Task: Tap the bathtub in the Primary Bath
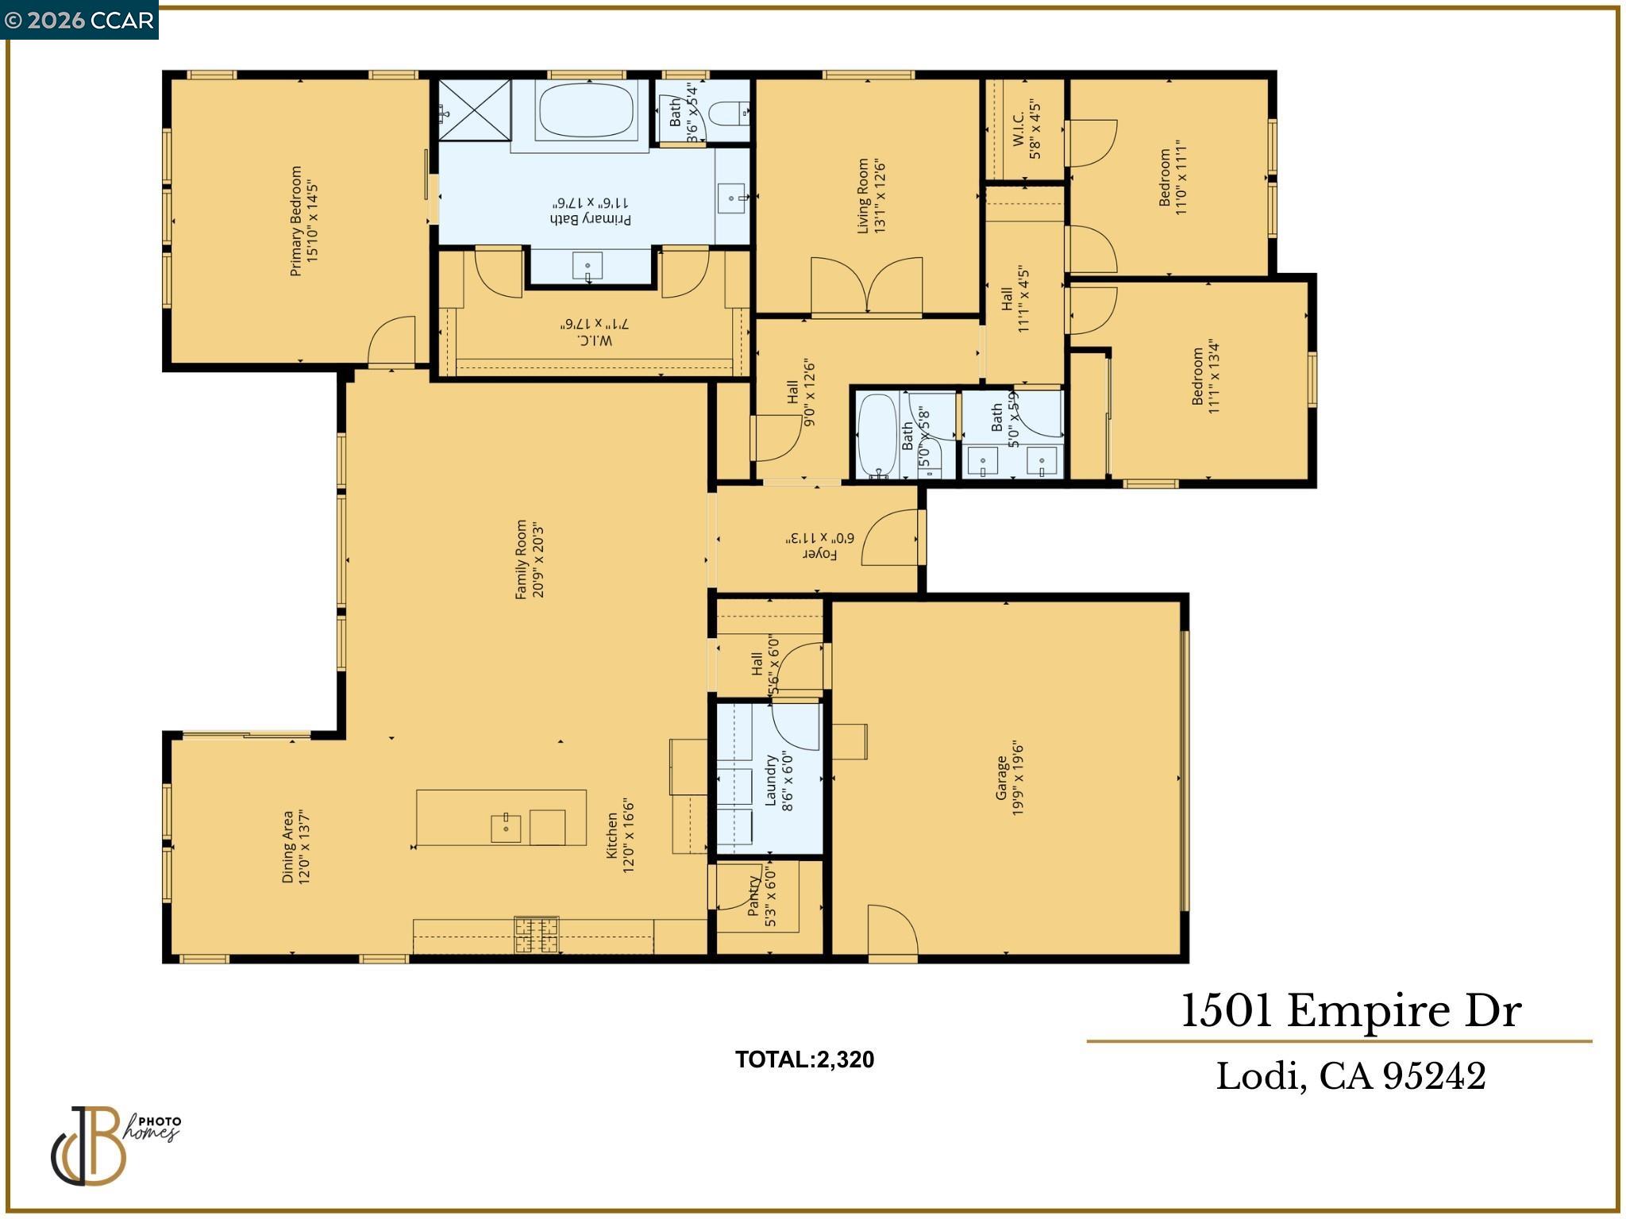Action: (587, 110)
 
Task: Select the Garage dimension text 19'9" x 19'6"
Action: (1019, 779)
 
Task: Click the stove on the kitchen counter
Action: (537, 934)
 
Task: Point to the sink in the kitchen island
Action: (506, 828)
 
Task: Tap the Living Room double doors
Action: (866, 286)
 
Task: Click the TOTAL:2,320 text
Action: (803, 1059)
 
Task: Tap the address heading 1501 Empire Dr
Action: (1351, 1012)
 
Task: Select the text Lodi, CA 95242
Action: (1351, 1077)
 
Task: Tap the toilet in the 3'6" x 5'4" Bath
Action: (728, 114)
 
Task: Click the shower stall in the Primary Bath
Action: (475, 110)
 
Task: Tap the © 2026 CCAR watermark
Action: (79, 20)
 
